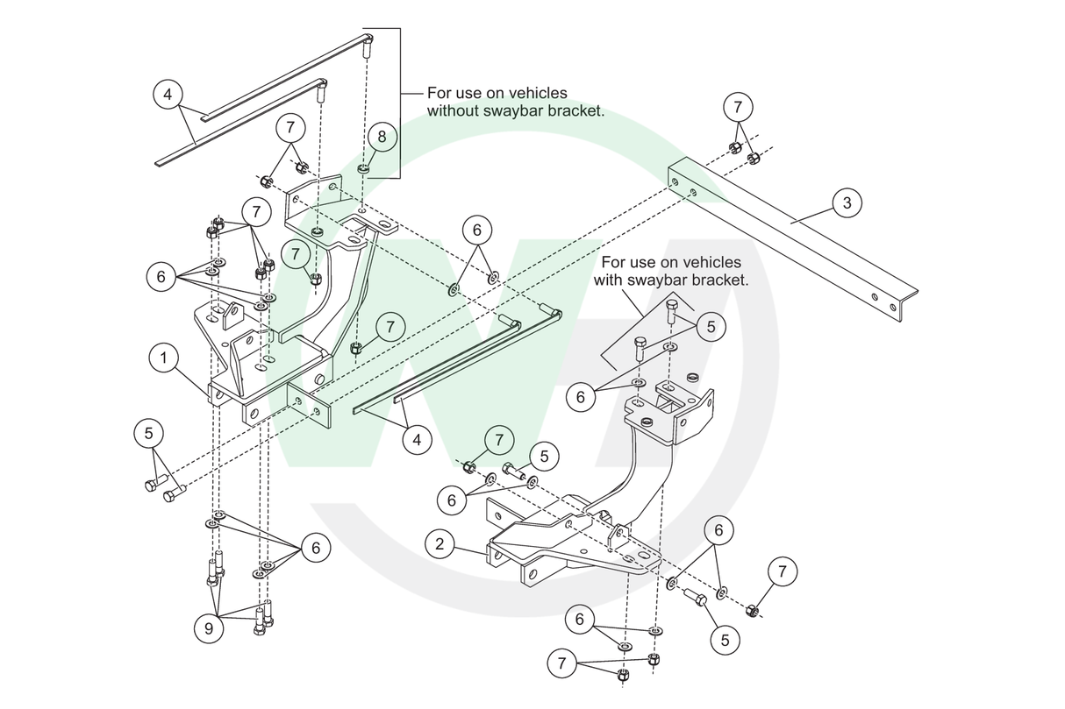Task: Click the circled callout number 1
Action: click(x=163, y=358)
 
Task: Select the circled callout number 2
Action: click(x=440, y=543)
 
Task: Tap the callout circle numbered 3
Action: click(x=847, y=202)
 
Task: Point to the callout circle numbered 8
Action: click(x=382, y=137)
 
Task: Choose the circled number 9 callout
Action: click(x=209, y=628)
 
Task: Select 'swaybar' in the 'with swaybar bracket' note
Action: click(x=655, y=280)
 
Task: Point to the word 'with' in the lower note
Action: click(x=608, y=280)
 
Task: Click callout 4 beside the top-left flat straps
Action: click(x=168, y=94)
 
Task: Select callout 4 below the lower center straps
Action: click(x=417, y=440)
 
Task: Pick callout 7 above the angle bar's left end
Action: click(x=738, y=106)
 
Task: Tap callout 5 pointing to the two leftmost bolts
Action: click(x=149, y=433)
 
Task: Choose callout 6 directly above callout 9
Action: click(x=316, y=548)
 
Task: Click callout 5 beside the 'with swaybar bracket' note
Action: click(x=711, y=326)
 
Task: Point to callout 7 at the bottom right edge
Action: click(x=783, y=571)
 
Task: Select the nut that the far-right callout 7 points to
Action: click(x=752, y=611)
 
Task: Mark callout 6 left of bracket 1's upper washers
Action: click(x=161, y=276)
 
